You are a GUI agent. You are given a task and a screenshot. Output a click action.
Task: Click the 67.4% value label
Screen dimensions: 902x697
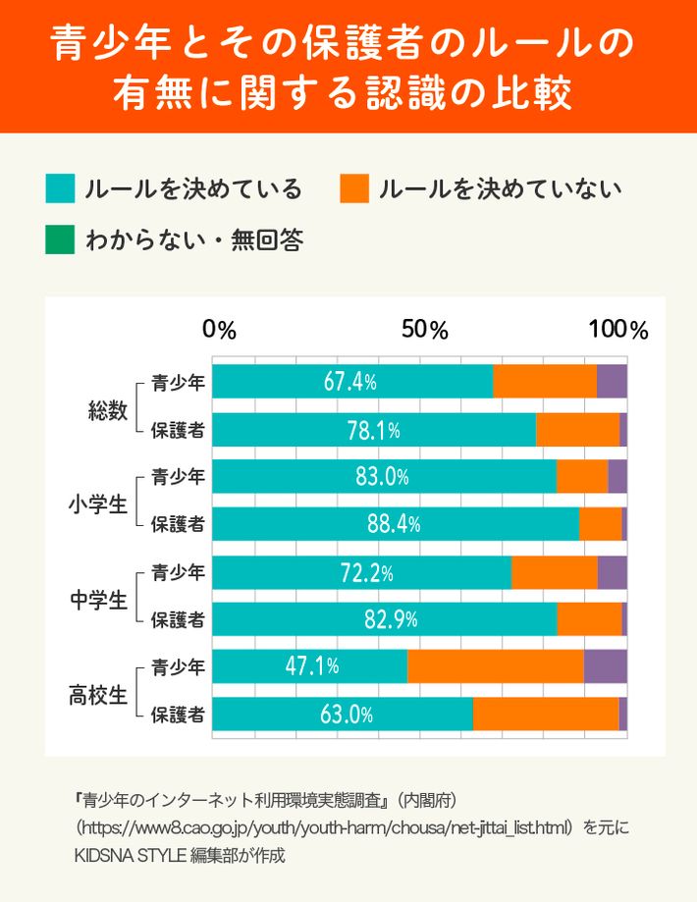pos(350,382)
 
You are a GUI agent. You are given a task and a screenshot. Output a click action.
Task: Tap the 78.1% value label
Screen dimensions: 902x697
pos(373,430)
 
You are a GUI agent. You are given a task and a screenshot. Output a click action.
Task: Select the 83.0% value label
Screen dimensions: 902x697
pos(382,477)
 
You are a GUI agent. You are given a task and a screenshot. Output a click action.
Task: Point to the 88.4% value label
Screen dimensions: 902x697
pos(394,524)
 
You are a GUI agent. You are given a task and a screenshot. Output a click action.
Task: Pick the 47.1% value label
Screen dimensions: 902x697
pos(312,666)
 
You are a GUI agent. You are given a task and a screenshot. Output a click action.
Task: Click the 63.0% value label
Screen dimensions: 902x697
pos(347,715)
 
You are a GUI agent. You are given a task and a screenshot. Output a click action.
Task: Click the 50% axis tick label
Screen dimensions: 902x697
pos(424,331)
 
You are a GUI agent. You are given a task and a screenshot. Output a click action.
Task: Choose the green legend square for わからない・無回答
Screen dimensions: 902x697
pos(60,239)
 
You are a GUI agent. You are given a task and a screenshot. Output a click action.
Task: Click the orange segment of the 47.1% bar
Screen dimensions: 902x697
pos(495,666)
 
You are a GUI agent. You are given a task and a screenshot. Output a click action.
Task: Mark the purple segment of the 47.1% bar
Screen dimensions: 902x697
pos(605,666)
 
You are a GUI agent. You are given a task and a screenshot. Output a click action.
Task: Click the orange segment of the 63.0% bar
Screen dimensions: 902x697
pos(545,715)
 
